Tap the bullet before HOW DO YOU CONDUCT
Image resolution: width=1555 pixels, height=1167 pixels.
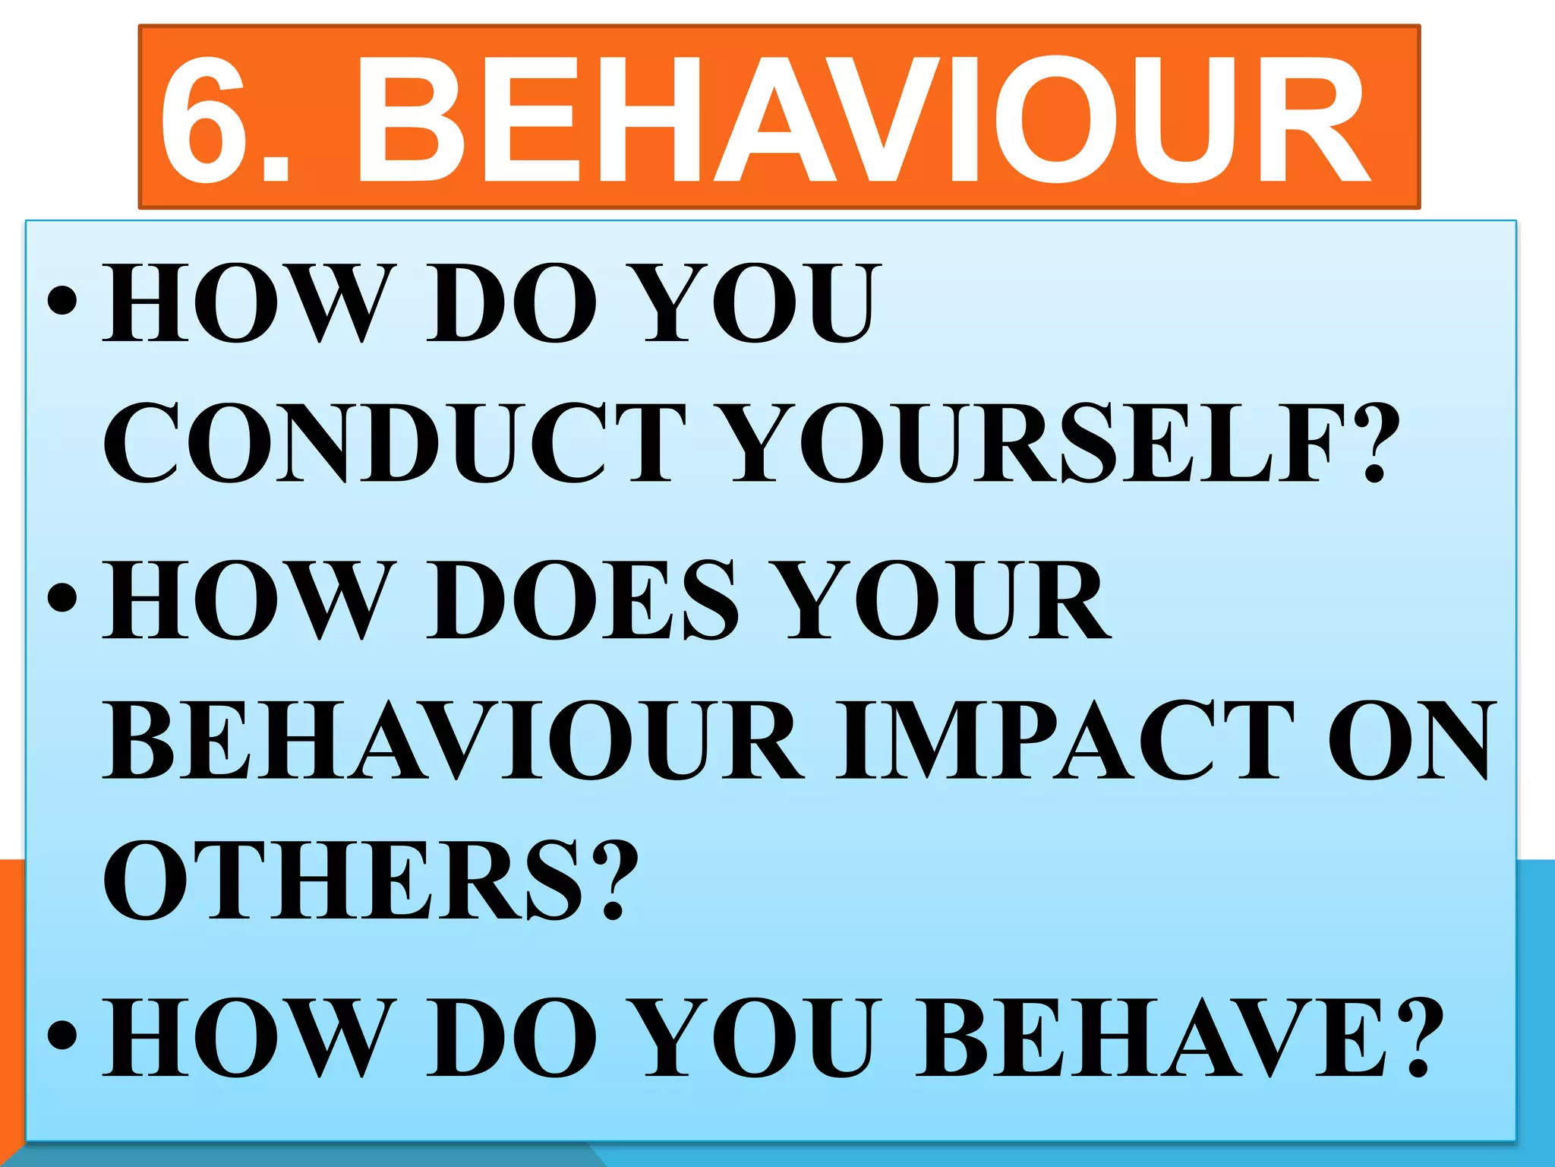tap(62, 301)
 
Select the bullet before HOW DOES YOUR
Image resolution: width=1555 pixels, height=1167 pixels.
tap(62, 597)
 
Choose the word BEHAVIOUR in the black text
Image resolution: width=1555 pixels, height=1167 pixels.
tap(453, 741)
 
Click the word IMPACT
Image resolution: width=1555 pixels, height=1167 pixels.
tap(1063, 741)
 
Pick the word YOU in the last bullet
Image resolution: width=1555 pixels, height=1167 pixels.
tap(759, 1037)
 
